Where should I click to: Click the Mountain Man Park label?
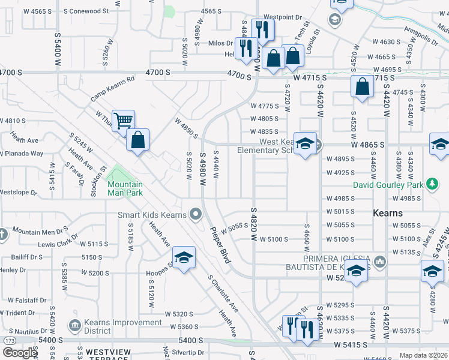click(x=125, y=189)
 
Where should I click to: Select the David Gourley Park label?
click(x=388, y=185)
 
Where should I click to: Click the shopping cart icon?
click(x=122, y=121)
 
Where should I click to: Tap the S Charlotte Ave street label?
click(x=223, y=293)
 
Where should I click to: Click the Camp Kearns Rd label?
click(x=112, y=89)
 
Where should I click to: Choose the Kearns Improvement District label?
click(x=122, y=326)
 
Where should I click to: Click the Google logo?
click(x=19, y=353)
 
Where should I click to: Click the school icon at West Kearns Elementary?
click(x=305, y=144)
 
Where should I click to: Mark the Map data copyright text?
click(x=424, y=356)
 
